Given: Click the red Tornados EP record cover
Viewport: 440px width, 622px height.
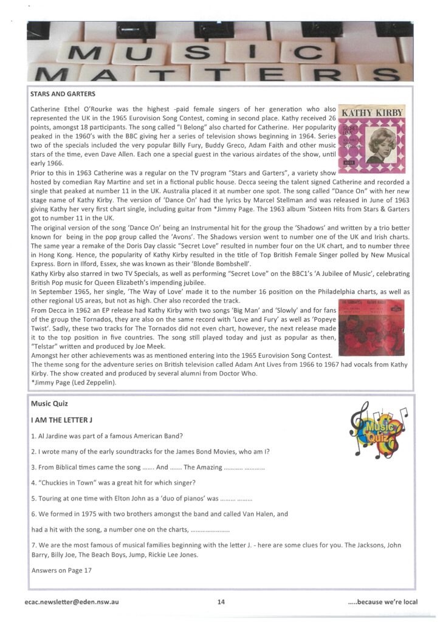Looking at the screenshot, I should pyautogui.click(x=371, y=327).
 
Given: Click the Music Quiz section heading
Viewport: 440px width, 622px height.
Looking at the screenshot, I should pyautogui.click(x=49, y=403).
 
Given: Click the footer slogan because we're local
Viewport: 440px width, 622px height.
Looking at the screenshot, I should pyautogui.click(x=382, y=602).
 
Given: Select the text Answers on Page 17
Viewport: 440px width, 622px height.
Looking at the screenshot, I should pyautogui.click(x=61, y=570).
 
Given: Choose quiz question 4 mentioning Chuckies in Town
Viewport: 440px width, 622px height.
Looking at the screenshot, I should pyautogui.click(x=113, y=483).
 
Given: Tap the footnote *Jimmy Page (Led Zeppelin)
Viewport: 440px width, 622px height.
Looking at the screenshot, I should pyautogui.click(x=73, y=383).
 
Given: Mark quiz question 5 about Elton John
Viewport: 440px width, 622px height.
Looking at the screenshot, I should pyautogui.click(x=142, y=499).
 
